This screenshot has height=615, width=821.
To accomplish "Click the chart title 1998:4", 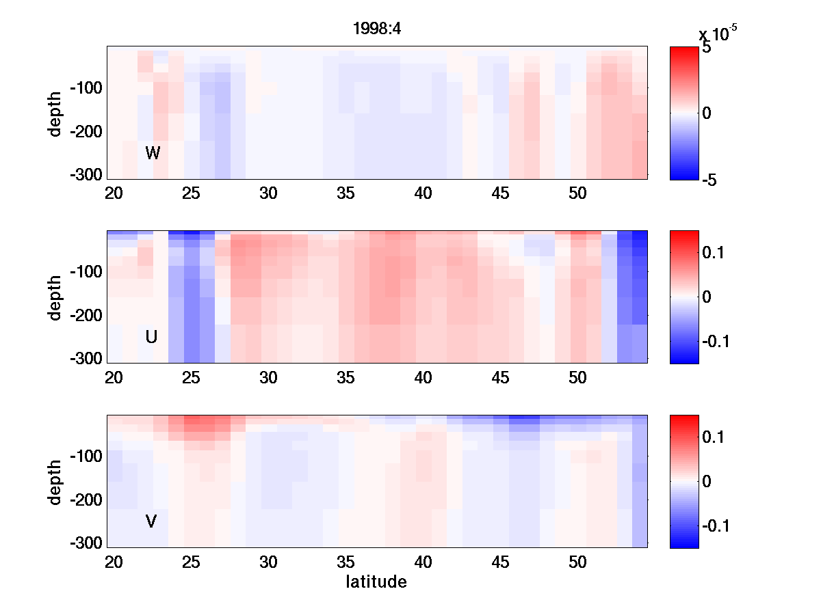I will [x=377, y=29].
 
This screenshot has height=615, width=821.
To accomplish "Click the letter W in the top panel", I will [x=153, y=153].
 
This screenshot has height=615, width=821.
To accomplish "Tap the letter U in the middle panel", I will [x=152, y=337].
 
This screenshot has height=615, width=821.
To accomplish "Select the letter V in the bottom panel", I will [x=151, y=522].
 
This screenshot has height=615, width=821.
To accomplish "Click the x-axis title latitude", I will [x=376, y=582].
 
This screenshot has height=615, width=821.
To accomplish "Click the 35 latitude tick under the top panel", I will [x=346, y=193].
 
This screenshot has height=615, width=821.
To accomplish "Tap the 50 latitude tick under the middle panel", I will [x=578, y=378].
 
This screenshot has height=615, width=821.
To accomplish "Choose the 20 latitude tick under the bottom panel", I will [x=114, y=562].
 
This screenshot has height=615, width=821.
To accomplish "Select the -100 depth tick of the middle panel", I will [x=86, y=272].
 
